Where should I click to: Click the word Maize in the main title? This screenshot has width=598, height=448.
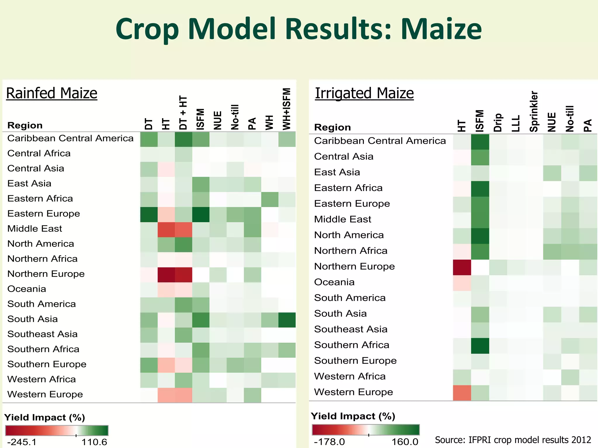[x=441, y=29]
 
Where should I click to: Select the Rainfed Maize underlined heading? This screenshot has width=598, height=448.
[x=52, y=93]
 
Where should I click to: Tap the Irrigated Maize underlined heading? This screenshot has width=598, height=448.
[x=364, y=93]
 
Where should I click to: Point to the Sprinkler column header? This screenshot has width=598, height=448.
[x=534, y=111]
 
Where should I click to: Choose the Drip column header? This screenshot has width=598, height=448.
[x=498, y=123]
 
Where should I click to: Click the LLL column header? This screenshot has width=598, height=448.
[x=516, y=123]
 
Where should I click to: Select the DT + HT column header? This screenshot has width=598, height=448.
[x=183, y=113]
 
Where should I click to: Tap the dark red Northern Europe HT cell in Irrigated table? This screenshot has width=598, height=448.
[x=462, y=267]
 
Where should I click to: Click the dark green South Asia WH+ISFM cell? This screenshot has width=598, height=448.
[x=287, y=320]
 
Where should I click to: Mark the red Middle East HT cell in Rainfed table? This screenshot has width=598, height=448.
[x=166, y=230]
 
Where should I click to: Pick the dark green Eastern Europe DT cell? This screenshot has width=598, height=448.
[x=149, y=214]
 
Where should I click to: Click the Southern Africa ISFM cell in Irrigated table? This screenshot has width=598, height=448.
[x=480, y=346]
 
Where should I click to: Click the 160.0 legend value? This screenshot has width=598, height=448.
[x=405, y=442]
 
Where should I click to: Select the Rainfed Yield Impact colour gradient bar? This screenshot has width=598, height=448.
[x=57, y=430]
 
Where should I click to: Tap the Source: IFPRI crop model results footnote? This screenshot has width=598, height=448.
[x=513, y=440]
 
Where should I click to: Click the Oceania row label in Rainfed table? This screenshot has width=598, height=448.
[x=27, y=289]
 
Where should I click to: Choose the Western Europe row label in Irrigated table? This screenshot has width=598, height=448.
[x=353, y=392]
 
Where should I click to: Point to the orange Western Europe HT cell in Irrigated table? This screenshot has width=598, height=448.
[x=462, y=393]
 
